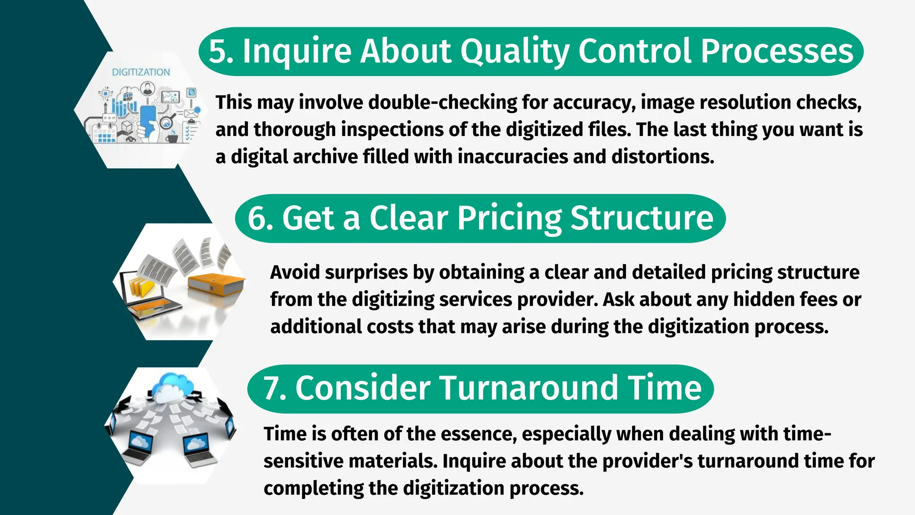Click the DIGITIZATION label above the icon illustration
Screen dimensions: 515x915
[x=141, y=72]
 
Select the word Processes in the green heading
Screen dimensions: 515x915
[x=777, y=51]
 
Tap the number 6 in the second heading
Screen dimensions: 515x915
[x=256, y=218]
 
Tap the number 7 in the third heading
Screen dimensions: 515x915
[x=271, y=388]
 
